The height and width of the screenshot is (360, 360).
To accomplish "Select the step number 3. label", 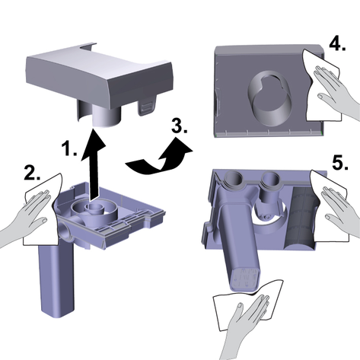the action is (180, 126).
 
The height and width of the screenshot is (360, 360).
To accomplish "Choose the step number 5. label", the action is (340, 162).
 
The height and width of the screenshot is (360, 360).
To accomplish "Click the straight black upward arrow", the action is (93, 165).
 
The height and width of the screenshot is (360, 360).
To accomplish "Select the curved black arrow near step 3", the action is (158, 158).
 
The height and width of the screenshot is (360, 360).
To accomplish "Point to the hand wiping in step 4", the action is (335, 89).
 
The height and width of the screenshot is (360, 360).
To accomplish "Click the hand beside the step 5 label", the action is (340, 208).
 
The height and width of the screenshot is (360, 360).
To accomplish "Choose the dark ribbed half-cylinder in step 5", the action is (301, 218).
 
